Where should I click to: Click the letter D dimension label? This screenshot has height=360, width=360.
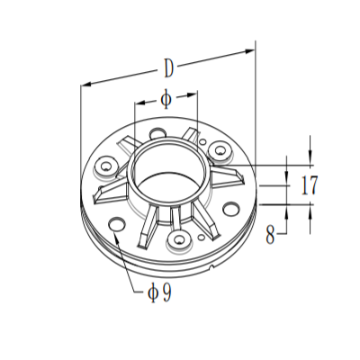click(x=168, y=67)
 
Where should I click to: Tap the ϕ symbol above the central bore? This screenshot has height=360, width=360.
click(x=166, y=99)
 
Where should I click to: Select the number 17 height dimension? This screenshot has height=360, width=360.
click(x=310, y=186)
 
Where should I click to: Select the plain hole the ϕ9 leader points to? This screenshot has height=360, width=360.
click(x=118, y=224)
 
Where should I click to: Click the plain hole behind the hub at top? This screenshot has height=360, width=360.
click(x=158, y=132)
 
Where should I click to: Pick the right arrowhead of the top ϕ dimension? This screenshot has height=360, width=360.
click(x=194, y=93)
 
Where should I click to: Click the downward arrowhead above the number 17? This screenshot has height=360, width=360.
click(x=310, y=160)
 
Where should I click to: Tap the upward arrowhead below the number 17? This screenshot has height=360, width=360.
click(x=310, y=210)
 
